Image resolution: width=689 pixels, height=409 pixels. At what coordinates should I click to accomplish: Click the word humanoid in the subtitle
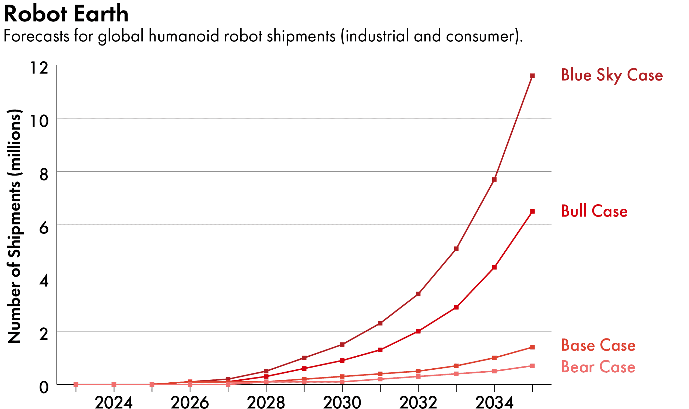(x=184, y=36)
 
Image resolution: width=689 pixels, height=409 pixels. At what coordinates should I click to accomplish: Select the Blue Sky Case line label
(x=612, y=75)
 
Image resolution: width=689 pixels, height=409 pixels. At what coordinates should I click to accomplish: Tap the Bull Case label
(x=594, y=211)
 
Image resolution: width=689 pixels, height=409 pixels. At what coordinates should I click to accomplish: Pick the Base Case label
(x=598, y=345)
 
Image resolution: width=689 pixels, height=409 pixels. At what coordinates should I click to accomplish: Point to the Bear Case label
(x=598, y=367)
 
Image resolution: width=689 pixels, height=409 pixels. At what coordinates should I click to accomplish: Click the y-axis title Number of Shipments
(x=14, y=226)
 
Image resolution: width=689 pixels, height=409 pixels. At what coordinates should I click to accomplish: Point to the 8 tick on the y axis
(x=44, y=174)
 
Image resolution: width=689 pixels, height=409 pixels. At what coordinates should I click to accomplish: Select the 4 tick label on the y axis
(x=44, y=281)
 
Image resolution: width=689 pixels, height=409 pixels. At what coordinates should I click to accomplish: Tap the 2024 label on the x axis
(x=114, y=402)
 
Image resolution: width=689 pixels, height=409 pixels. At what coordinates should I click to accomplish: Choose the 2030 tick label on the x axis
(x=342, y=402)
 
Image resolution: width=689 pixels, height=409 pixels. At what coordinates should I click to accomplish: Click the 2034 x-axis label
(x=494, y=402)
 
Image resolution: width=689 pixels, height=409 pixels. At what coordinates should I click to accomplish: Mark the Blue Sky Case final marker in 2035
(x=532, y=76)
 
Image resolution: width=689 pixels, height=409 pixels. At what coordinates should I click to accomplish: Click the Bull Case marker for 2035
(x=532, y=211)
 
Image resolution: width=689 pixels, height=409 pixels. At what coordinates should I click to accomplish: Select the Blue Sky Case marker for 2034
(x=494, y=179)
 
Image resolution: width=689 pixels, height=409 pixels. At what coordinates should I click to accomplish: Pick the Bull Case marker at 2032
(x=418, y=331)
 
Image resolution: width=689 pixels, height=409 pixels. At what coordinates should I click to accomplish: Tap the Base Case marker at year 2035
(x=532, y=347)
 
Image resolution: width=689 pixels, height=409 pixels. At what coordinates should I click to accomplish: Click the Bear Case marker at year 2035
(x=532, y=366)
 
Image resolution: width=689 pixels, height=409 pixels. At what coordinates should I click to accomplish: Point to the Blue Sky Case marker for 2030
(x=342, y=344)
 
